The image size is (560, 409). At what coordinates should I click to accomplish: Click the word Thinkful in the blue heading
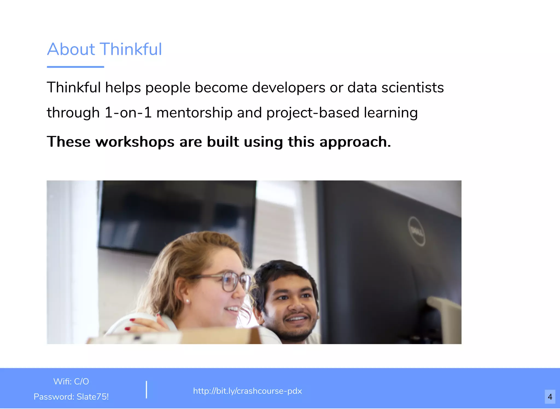(x=131, y=49)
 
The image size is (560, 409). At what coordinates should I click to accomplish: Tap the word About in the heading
(x=71, y=49)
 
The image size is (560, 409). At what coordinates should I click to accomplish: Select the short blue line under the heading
(x=75, y=67)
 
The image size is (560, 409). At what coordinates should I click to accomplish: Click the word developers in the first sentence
(x=288, y=88)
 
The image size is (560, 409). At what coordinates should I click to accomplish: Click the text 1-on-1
(x=128, y=113)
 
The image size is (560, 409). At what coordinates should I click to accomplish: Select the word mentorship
(x=194, y=113)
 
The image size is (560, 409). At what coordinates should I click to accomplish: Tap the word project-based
(x=313, y=113)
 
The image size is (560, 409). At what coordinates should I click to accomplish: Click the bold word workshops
(x=135, y=142)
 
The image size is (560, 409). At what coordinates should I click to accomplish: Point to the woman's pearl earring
(x=188, y=301)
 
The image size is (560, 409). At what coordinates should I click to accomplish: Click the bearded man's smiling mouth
(x=296, y=319)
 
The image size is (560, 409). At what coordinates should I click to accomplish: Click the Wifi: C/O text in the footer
(x=71, y=381)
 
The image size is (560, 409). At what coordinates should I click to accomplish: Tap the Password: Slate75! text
(x=71, y=397)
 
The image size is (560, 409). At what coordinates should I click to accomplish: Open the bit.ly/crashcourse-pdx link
(x=247, y=391)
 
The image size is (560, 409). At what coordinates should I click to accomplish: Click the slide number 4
(x=550, y=397)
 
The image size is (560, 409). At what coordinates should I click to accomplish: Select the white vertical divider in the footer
(x=147, y=389)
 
